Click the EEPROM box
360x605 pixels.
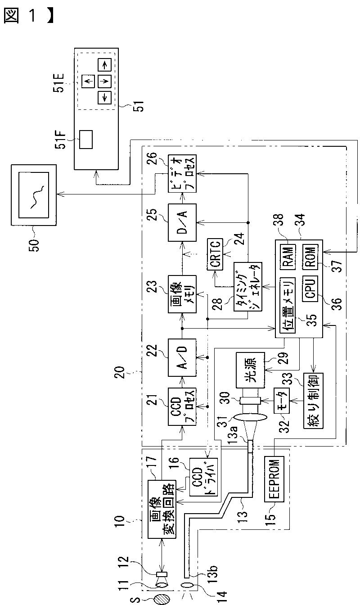[x=274, y=479]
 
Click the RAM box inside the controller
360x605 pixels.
[x=288, y=257]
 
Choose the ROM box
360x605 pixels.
[x=310, y=257]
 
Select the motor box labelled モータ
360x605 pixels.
[x=282, y=400]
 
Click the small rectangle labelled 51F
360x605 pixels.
[x=85, y=140]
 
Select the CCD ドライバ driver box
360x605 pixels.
[x=203, y=477]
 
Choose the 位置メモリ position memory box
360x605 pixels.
[x=288, y=307]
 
